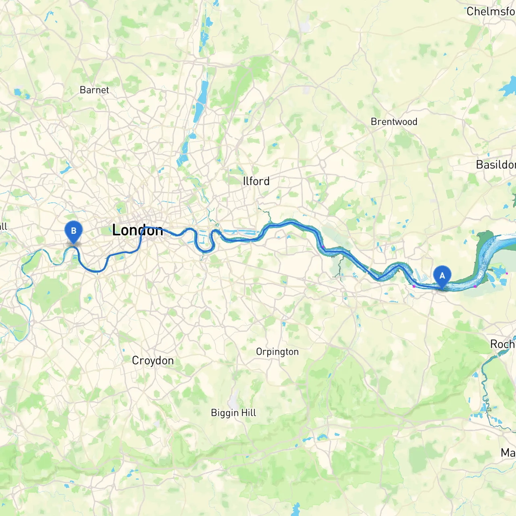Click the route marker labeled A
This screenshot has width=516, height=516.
click(442, 276)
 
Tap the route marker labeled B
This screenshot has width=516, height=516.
click(73, 231)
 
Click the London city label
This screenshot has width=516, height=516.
click(137, 230)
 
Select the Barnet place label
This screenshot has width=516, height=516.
click(94, 90)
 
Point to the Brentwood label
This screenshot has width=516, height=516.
click(394, 122)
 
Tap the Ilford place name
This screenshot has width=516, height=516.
click(256, 181)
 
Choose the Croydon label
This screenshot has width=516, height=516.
click(153, 360)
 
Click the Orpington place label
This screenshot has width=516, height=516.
click(277, 352)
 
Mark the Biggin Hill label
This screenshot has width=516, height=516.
click(233, 413)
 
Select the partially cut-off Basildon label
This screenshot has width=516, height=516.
click(495, 165)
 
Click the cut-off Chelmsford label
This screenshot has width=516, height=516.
click(491, 11)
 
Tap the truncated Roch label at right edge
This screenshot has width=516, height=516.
click(502, 344)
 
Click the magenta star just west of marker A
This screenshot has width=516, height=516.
click(414, 286)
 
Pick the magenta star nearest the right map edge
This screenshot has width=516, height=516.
click(507, 273)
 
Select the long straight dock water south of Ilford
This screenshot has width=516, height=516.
click(240, 232)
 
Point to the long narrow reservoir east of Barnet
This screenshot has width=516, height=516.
click(200, 101)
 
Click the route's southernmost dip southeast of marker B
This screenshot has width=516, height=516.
click(97, 271)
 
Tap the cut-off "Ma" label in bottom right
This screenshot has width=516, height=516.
click(508, 453)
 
